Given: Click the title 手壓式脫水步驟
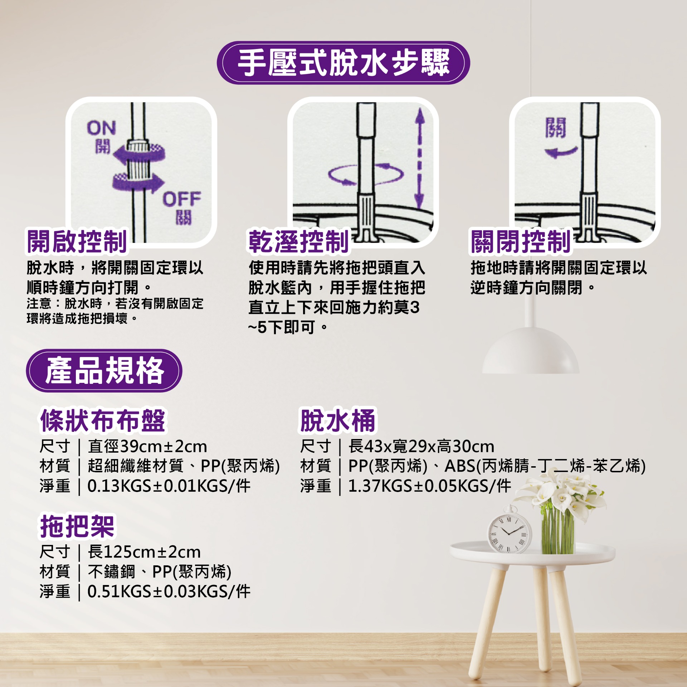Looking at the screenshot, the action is pos(343,63).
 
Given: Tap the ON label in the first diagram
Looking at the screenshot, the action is pos(102,128).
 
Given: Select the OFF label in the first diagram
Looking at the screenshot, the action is pos(182,199).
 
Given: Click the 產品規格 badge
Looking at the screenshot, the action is pos(104,370).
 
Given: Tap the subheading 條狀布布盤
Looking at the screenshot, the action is pos(103,420).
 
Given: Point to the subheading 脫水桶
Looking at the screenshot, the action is pos(338,420).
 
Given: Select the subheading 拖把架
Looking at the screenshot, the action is pos(77,526).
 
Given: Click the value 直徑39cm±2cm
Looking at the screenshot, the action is pos(147,447).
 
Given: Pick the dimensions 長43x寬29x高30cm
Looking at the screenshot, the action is pos(422,447).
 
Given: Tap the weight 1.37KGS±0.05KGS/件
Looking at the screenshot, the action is pos(430,486).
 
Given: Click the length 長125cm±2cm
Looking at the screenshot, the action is pos(144,552).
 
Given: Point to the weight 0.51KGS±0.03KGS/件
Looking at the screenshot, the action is pos(169,591).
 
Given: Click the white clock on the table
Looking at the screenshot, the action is pos(510,530).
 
